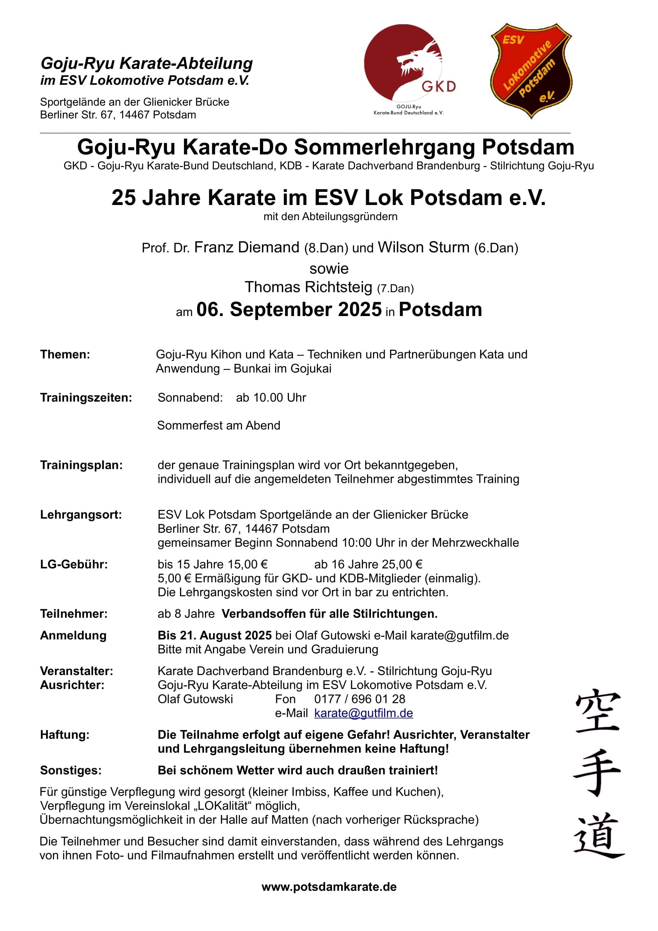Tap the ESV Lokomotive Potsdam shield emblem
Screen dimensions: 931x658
[x=531, y=70]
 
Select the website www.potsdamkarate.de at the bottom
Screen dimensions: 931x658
[x=329, y=887]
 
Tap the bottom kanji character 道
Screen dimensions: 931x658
[x=599, y=835]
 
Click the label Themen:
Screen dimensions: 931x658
[x=65, y=354]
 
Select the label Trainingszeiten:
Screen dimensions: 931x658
[x=86, y=397]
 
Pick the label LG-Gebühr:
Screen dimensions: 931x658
[x=74, y=564]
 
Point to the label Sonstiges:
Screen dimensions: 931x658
[x=70, y=770]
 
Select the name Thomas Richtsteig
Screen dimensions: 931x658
[x=308, y=287]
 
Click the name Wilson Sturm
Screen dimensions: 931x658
[x=423, y=247]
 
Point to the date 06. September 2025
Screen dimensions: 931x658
[x=289, y=309]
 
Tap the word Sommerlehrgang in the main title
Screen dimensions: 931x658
[x=385, y=147]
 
